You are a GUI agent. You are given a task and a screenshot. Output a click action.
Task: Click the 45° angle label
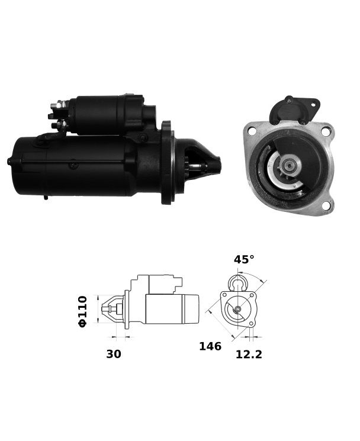(x=244, y=259)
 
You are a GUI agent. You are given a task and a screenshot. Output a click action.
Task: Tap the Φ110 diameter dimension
(x=83, y=311)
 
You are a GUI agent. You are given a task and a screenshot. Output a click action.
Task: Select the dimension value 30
(x=114, y=354)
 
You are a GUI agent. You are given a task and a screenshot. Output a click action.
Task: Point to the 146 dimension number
(x=210, y=346)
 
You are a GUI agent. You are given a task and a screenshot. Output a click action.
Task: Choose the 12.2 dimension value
(x=249, y=355)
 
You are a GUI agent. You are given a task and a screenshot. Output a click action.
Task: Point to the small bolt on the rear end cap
(x=9, y=162)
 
